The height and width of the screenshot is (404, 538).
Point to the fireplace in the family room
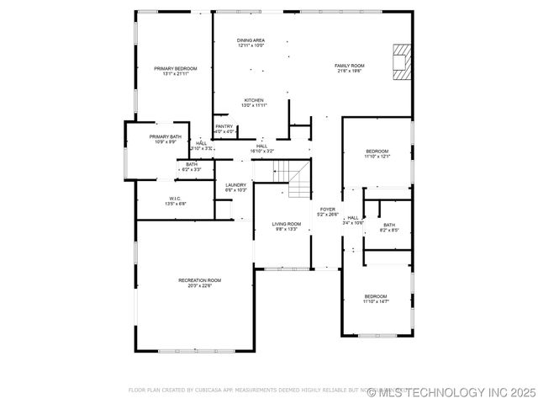(x=403, y=62)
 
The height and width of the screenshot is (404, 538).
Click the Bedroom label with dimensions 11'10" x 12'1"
(x=376, y=153)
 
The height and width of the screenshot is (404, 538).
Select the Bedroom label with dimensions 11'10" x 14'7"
(x=375, y=298)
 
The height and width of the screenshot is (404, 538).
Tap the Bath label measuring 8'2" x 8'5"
(x=389, y=226)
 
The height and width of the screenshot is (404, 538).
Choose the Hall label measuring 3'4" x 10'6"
(x=353, y=220)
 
